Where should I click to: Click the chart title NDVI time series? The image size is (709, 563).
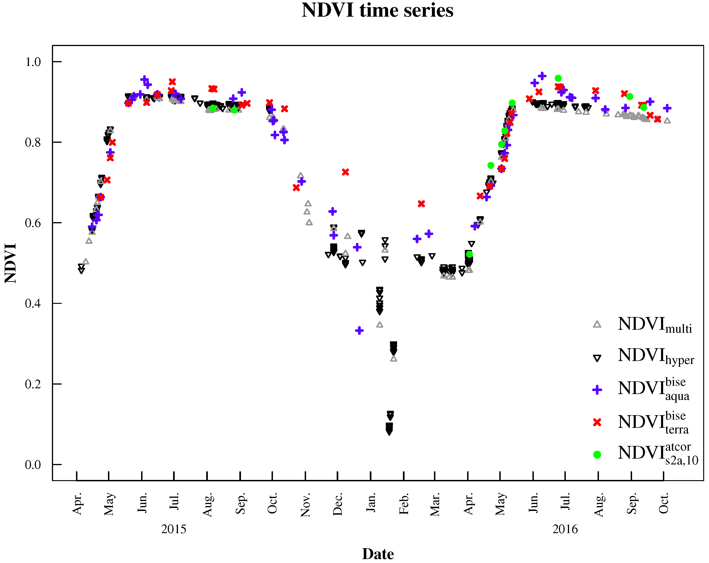pos(377,10)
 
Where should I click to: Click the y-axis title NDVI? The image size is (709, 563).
pos(10,263)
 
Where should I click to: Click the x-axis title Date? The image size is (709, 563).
pos(378,554)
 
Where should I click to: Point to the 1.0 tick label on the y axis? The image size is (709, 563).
pos(33,62)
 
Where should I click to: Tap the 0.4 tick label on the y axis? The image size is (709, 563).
pos(33,303)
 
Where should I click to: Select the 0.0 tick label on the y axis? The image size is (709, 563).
pos(33,464)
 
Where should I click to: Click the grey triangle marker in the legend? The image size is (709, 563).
pos(597,324)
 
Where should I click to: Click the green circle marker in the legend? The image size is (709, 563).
pos(597,455)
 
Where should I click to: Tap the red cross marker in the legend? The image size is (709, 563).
pos(597,422)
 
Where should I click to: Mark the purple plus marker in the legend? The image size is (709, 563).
pos(597,390)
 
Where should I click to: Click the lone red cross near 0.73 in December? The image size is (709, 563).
pos(345,172)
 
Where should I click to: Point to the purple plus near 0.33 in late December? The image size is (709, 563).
pos(359,330)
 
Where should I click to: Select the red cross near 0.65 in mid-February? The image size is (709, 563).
pos(421,204)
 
